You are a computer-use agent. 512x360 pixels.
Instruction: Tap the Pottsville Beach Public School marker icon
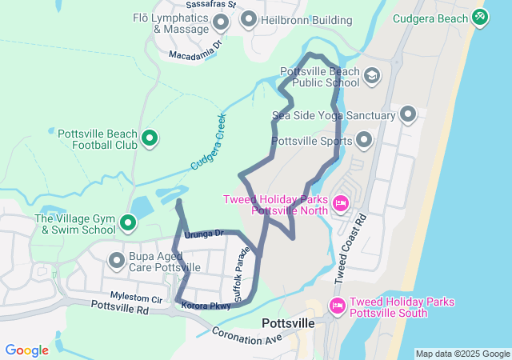point(371,76)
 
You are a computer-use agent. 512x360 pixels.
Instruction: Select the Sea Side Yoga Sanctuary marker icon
point(408,115)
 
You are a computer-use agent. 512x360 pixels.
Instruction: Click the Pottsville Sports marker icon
point(365,141)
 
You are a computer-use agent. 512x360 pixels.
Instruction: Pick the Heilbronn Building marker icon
point(248,19)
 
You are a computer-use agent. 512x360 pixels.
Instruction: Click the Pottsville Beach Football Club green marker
point(149,139)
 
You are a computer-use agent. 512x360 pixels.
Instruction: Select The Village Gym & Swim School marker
point(128,222)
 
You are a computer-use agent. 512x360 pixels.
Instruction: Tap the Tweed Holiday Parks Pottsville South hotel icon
point(337,306)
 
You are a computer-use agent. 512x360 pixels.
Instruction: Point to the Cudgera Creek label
point(209,142)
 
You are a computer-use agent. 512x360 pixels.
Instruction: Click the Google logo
point(26,350)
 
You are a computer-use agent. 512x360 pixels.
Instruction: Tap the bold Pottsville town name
point(288,323)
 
